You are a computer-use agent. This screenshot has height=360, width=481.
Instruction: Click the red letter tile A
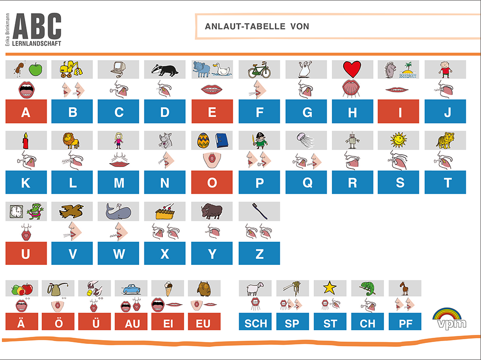tap(26, 111)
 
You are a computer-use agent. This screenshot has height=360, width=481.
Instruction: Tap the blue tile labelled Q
tap(306, 183)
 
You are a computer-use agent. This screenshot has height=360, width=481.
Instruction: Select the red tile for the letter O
tap(212, 183)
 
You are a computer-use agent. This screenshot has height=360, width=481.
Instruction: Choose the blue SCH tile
tap(255, 322)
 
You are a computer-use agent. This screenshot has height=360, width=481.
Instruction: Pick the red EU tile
tap(204, 322)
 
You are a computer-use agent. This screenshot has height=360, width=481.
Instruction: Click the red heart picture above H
tap(352, 69)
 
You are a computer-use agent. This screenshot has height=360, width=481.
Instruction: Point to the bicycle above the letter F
tap(259, 70)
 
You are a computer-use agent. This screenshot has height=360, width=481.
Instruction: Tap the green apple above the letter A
tap(36, 69)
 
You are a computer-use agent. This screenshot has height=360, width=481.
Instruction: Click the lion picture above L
tap(71, 140)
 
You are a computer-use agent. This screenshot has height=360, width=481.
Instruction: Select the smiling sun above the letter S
tap(399, 140)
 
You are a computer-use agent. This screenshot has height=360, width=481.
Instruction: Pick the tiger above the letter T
tap(445, 140)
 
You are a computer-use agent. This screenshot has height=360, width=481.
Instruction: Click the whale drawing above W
tap(118, 211)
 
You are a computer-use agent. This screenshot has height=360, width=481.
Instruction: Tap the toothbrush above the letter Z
tap(259, 211)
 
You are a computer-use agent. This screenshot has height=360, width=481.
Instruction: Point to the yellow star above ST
tap(330, 288)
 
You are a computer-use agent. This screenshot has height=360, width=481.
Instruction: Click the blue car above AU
tap(131, 289)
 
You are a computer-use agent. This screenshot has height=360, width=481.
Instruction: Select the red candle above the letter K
tap(26, 141)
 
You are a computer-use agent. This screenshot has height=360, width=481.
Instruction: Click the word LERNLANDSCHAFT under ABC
tap(36, 44)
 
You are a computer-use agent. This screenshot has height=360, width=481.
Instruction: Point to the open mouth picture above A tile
tap(27, 90)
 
